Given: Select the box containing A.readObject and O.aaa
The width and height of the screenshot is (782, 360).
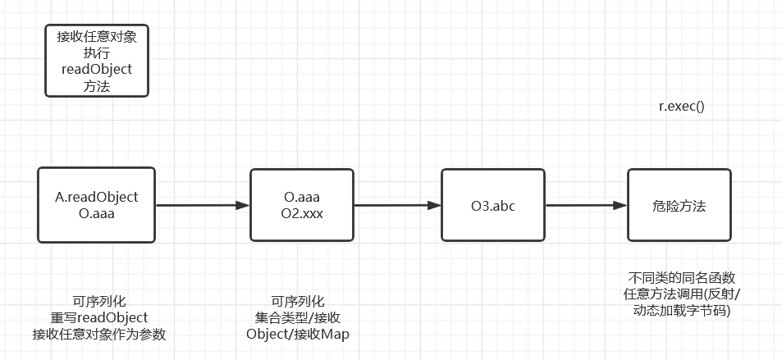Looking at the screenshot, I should (97, 205).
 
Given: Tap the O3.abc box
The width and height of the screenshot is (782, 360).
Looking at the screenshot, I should (492, 205).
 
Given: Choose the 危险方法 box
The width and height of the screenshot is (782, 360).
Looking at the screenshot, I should (679, 205).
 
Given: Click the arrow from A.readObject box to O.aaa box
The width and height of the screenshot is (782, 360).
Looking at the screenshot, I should (202, 206).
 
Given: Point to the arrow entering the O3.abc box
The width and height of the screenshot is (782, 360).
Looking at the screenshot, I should (397, 206).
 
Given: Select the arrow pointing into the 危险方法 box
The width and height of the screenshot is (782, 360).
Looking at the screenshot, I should (586, 206).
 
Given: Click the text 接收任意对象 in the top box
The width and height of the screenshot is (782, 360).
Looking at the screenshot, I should (97, 37).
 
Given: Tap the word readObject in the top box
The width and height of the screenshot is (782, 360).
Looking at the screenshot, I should (97, 69).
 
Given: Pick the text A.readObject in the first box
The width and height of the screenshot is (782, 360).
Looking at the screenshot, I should (97, 197).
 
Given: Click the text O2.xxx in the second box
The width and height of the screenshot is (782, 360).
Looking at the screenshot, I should (301, 213).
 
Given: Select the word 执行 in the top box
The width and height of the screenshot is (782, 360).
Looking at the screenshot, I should (97, 53).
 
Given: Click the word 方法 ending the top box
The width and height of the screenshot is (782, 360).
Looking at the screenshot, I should (97, 85).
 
